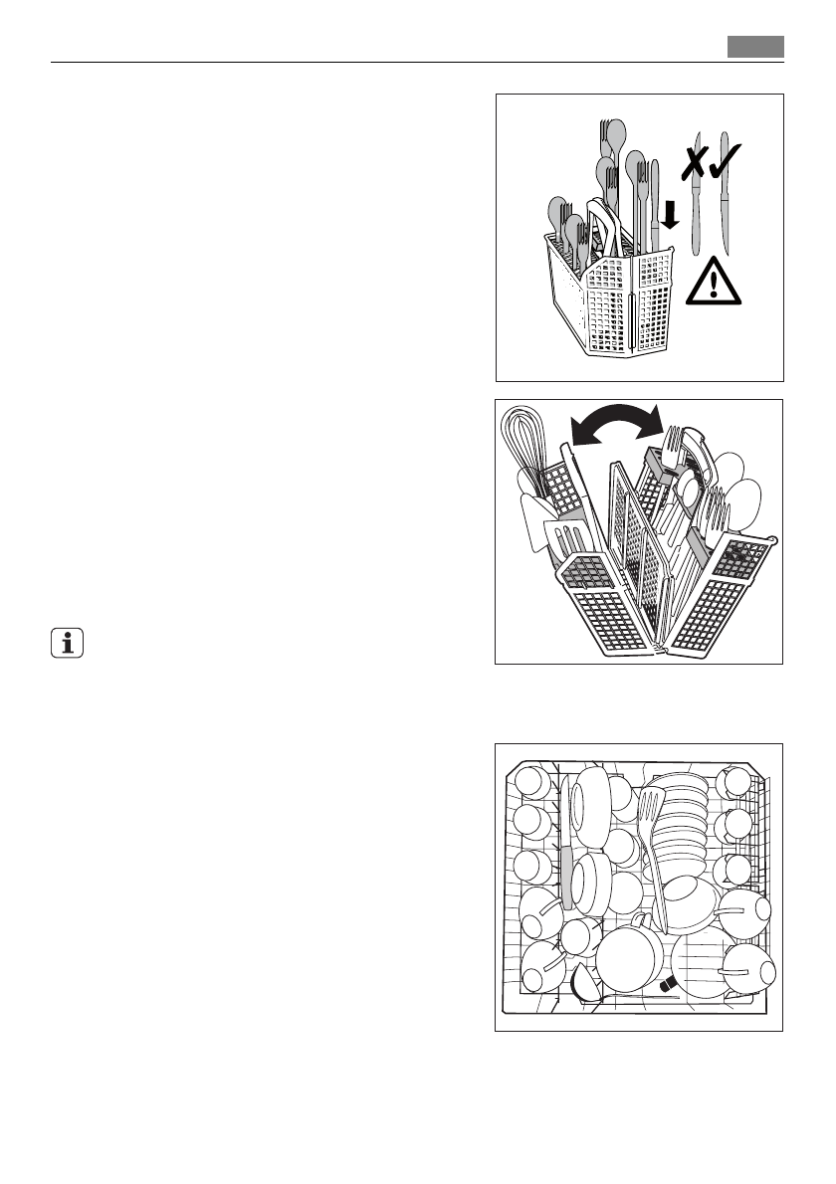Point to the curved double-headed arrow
click(x=616, y=426)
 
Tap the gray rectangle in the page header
click(x=755, y=47)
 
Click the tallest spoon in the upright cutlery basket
click(x=615, y=139)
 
